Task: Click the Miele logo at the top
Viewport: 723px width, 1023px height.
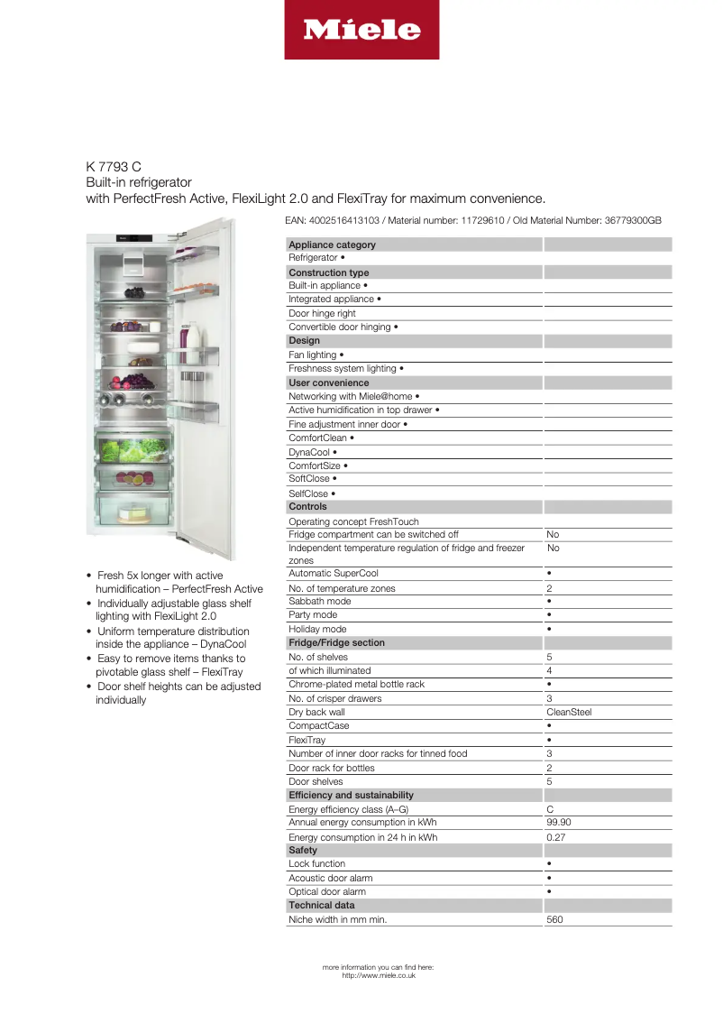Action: click(x=361, y=30)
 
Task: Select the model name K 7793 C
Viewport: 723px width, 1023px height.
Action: click(x=114, y=167)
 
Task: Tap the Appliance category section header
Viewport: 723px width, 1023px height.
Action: click(x=332, y=244)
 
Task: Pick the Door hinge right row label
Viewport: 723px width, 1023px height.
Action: click(x=322, y=313)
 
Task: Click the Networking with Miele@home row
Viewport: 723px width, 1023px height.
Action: click(x=353, y=396)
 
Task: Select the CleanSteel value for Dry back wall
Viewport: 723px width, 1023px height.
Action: click(x=569, y=712)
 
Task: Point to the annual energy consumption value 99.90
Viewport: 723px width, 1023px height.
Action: click(x=558, y=823)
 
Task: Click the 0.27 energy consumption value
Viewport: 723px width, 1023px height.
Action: click(x=555, y=837)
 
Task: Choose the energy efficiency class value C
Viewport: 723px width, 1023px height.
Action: click(x=550, y=809)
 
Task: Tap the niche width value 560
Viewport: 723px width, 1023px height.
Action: click(x=554, y=920)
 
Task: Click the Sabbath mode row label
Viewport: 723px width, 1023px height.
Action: click(x=319, y=601)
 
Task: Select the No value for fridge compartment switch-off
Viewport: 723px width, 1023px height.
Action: click(x=553, y=534)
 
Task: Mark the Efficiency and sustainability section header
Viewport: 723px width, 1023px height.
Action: click(x=351, y=795)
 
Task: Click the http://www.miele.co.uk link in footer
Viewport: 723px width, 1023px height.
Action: click(x=379, y=975)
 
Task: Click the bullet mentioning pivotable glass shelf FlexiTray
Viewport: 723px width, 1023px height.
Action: click(x=177, y=666)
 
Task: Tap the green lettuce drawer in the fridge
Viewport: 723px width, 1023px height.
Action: click(x=133, y=449)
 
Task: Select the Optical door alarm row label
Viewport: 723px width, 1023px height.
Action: click(x=326, y=891)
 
